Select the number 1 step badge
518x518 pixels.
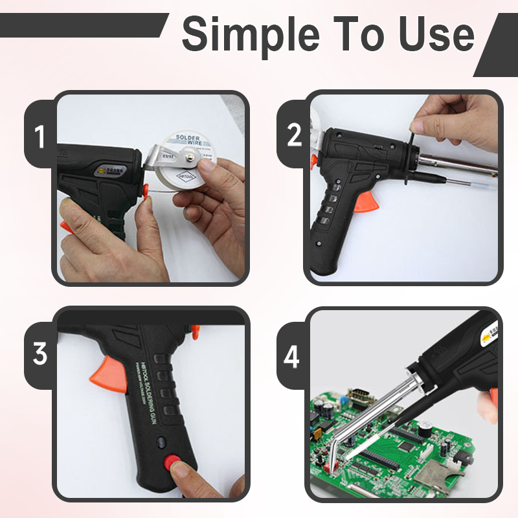tap(40, 138)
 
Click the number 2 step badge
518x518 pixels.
tap(294, 135)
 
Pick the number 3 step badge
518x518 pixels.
tap(40, 354)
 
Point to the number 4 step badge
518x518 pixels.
tap(292, 357)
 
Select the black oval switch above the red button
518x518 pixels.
tap(161, 443)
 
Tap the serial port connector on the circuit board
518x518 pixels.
tap(357, 396)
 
